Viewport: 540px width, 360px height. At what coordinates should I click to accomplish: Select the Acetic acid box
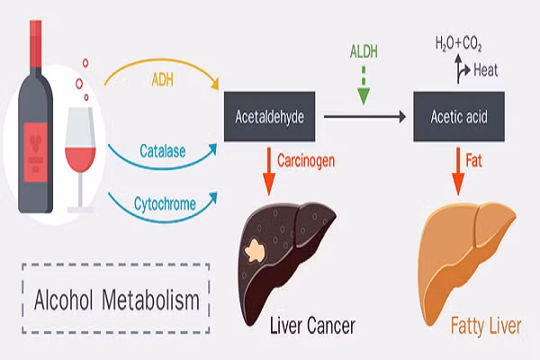pos(459,117)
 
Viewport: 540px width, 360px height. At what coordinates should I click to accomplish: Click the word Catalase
pos(163,151)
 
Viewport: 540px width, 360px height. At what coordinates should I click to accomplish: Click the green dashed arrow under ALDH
pos(364,87)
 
